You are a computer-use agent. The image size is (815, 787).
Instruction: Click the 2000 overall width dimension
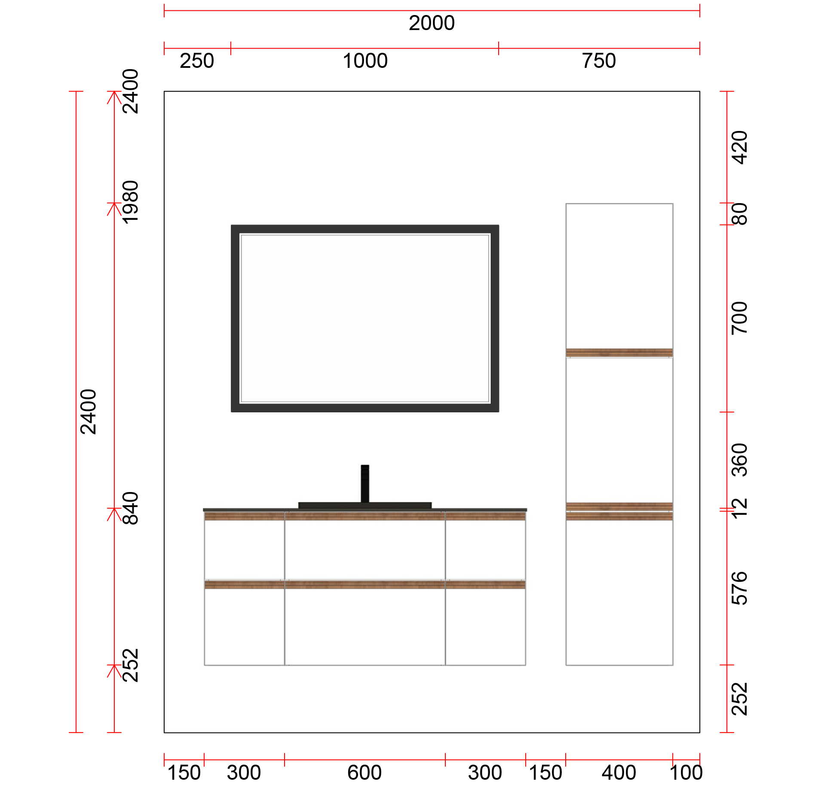(x=432, y=23)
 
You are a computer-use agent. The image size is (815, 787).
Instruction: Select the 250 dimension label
(x=197, y=61)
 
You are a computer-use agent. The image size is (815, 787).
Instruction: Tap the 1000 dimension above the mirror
(x=365, y=61)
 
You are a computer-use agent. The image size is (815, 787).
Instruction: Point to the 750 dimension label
(x=599, y=61)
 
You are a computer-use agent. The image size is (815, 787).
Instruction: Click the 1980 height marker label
(x=131, y=202)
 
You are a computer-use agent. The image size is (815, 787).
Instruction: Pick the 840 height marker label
(x=131, y=508)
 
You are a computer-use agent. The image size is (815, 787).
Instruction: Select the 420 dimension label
(x=740, y=148)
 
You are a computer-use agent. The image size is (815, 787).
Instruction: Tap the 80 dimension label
(x=740, y=214)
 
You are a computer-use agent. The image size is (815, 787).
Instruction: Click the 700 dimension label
(x=740, y=318)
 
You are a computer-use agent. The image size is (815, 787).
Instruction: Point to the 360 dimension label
(x=740, y=460)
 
